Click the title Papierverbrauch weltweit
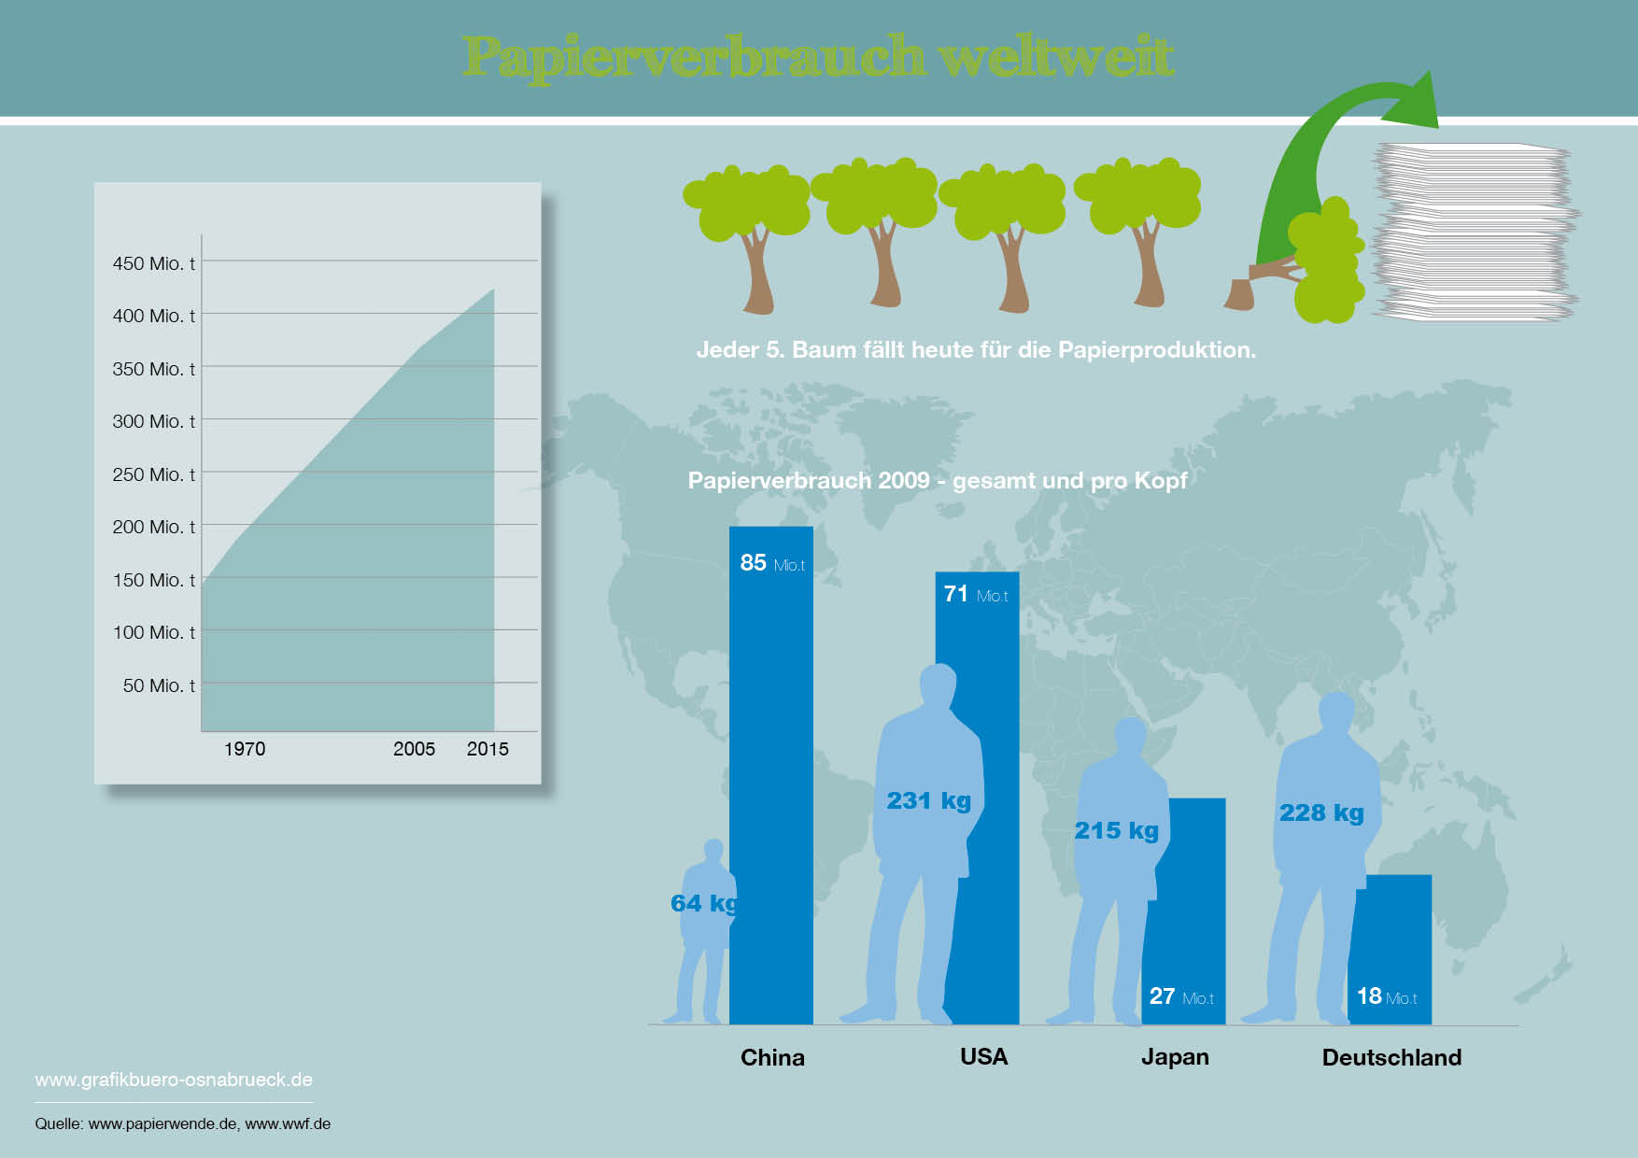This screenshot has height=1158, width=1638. (818, 57)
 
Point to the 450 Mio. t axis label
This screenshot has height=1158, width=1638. (154, 263)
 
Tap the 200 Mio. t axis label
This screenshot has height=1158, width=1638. (154, 527)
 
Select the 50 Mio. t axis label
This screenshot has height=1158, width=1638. (159, 685)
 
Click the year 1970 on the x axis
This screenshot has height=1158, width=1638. (245, 749)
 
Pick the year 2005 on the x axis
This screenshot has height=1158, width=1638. (414, 749)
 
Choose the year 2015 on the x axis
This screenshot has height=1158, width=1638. (487, 749)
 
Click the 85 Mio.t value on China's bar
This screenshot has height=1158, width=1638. (772, 563)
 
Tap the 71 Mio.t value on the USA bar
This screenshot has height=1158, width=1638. (976, 594)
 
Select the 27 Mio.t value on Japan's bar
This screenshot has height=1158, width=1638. (1181, 996)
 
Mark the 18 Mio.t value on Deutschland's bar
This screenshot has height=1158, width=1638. (1387, 996)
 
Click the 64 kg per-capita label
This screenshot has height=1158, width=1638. (704, 903)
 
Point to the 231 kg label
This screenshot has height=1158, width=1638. (929, 800)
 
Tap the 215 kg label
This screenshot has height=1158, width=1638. (1116, 830)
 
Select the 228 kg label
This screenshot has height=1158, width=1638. (1321, 812)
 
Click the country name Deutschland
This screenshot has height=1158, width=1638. (1391, 1057)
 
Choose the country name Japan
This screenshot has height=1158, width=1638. (1175, 1057)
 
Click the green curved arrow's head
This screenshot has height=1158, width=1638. (1415, 101)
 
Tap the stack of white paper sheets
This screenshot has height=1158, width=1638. (1474, 232)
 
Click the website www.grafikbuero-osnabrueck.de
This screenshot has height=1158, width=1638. (174, 1080)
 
